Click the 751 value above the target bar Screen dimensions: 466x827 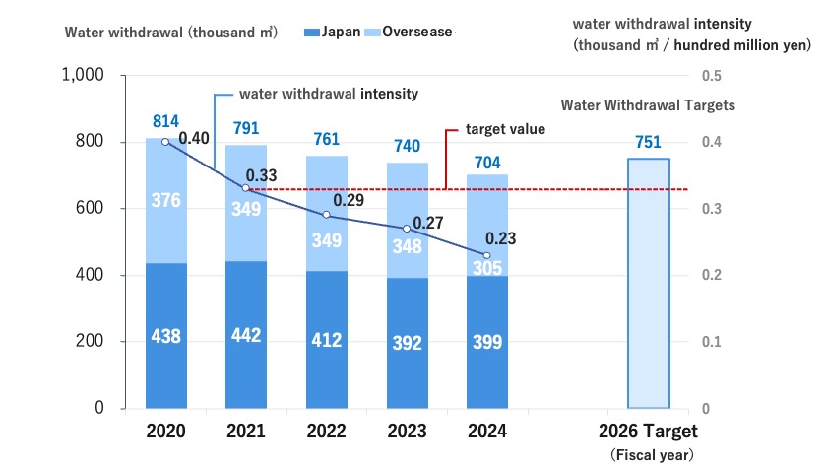click(649, 141)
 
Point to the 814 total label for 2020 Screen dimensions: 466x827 click(165, 121)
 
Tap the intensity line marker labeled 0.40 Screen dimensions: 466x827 click(165, 142)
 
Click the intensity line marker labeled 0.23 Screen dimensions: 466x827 click(486, 255)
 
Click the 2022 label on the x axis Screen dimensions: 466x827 click(327, 432)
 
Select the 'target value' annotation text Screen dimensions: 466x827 click(505, 129)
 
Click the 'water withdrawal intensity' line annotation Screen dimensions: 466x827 click(329, 94)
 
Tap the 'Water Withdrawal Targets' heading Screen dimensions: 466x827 click(648, 105)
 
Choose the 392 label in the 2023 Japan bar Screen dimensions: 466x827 click(407, 342)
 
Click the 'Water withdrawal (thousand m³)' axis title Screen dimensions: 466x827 click(170, 32)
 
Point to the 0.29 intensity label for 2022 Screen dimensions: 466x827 click(344, 199)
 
